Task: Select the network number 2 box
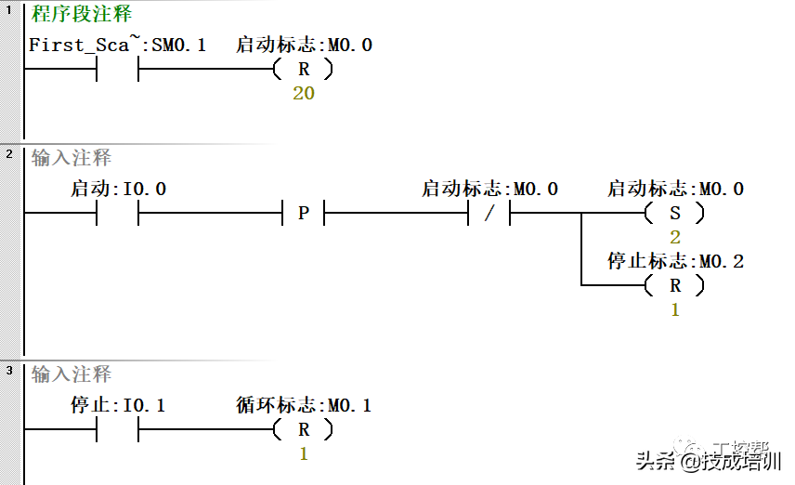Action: pyautogui.click(x=9, y=153)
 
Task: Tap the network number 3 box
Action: pyautogui.click(x=9, y=371)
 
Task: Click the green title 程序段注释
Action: pyautogui.click(x=82, y=14)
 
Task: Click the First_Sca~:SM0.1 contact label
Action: pyautogui.click(x=117, y=45)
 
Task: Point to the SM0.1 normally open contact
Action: pyautogui.click(x=118, y=69)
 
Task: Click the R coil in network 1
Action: pyautogui.click(x=303, y=69)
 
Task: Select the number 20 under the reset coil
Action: pyautogui.click(x=304, y=94)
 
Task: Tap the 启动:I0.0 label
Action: pyautogui.click(x=119, y=190)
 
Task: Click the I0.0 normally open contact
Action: pyautogui.click(x=118, y=213)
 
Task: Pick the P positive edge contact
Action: pyautogui.click(x=303, y=213)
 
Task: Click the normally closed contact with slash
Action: pyautogui.click(x=489, y=213)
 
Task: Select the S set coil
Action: pyautogui.click(x=674, y=213)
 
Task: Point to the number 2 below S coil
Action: pyautogui.click(x=675, y=238)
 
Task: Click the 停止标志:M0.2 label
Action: pyautogui.click(x=675, y=262)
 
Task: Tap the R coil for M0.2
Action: pyautogui.click(x=674, y=285)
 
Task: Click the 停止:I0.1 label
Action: pyautogui.click(x=119, y=406)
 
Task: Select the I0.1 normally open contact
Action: pyautogui.click(x=118, y=430)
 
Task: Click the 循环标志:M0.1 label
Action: pyautogui.click(x=304, y=406)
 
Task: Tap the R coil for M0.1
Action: pyautogui.click(x=303, y=430)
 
